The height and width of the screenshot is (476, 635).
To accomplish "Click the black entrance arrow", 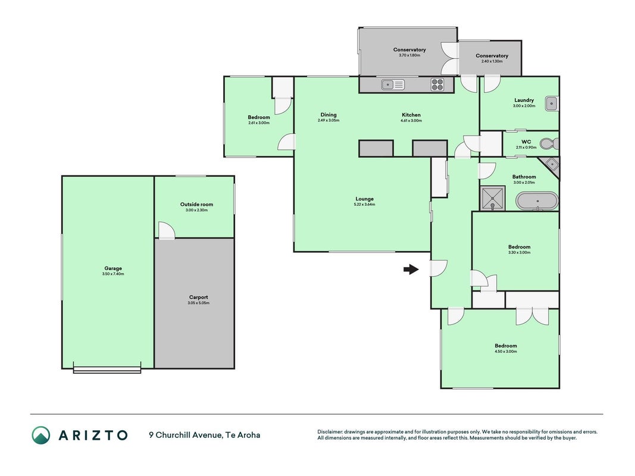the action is pos(411,269).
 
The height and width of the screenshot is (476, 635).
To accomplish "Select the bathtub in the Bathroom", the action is pos(537,201).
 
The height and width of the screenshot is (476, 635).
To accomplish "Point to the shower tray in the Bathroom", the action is pos(492,198).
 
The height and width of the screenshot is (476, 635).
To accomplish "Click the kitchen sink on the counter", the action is pos(393,84).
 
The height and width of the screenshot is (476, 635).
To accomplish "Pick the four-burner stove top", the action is pos(437,84).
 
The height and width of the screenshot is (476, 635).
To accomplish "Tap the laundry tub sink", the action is pos(552,104).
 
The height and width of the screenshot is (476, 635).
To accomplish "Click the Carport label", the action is pos(198,297).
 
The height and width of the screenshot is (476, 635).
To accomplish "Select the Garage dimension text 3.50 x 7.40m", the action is pos(113,274).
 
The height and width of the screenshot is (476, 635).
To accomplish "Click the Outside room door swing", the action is pos(166,230).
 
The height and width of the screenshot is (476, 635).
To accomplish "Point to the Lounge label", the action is pos(364,199).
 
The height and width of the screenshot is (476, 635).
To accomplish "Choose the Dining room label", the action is pos(329,115).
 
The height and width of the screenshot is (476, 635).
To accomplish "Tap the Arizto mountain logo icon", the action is pos(41,435).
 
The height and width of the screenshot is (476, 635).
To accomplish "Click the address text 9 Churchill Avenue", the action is pos(186,435).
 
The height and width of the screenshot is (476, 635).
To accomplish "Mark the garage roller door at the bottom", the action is pos(107,369).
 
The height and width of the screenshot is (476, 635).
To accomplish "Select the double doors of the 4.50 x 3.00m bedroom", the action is pos(532,316).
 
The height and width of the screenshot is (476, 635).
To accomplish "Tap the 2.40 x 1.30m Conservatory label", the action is pos(492,58).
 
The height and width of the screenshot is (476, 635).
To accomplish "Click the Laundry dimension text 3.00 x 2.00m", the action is pos(524,106).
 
